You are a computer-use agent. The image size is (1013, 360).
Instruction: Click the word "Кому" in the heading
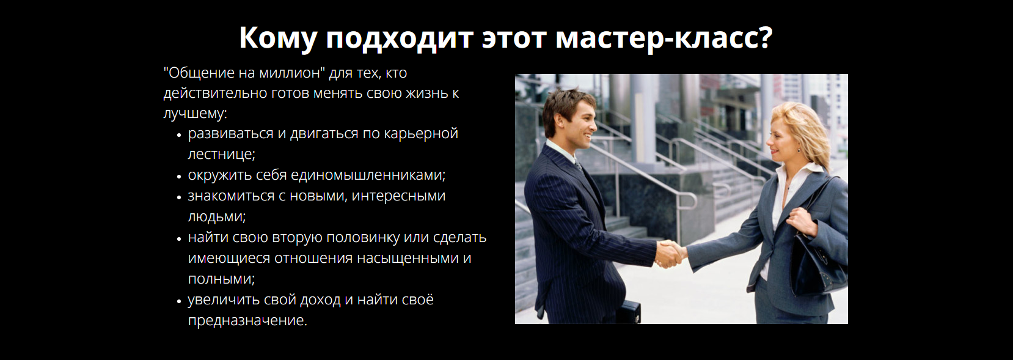pyautogui.click(x=277, y=38)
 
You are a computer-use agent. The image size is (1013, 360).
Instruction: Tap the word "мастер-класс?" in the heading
pyautogui.click(x=664, y=38)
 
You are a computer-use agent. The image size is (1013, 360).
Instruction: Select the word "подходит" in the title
pyautogui.click(x=399, y=38)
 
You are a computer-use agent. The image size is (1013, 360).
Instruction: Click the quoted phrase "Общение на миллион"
pyautogui.click(x=244, y=73)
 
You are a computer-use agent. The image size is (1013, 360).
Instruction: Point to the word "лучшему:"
pyautogui.click(x=195, y=114)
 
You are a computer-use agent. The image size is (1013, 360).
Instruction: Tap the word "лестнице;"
pyautogui.click(x=221, y=155)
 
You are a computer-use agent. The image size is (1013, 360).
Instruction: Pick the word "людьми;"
pyautogui.click(x=216, y=217)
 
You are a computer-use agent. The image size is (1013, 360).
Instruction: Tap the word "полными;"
pyautogui.click(x=221, y=279)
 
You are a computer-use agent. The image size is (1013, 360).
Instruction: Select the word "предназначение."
pyautogui.click(x=247, y=321)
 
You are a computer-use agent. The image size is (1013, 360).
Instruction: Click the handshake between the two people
pyautogui.click(x=671, y=253)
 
